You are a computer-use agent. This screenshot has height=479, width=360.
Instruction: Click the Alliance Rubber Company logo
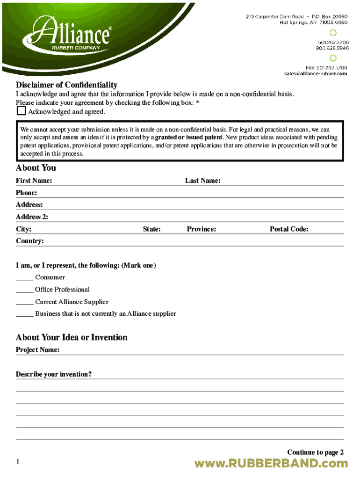70,34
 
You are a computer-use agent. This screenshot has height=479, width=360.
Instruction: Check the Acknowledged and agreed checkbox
21,111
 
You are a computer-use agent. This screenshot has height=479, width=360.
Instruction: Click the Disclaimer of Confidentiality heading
66,85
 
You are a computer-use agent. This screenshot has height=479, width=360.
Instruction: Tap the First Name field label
34,181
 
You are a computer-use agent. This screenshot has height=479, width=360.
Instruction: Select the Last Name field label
202,181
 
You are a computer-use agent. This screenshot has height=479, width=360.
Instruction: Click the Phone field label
26,193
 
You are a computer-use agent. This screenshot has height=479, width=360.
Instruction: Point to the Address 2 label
32,217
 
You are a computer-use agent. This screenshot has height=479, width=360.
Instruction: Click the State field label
151,229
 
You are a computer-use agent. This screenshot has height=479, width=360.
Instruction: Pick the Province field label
201,229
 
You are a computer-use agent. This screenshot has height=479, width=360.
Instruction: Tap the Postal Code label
288,229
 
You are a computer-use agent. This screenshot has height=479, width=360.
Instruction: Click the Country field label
29,241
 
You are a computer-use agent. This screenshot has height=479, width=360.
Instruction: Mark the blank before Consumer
24,277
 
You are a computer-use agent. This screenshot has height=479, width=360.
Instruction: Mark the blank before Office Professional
24,290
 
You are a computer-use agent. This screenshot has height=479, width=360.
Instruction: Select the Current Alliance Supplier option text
72,302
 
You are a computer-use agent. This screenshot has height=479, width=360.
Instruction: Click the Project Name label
37,349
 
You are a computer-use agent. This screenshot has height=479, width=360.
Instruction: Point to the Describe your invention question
53,374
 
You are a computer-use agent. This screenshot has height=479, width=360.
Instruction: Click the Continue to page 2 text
315,452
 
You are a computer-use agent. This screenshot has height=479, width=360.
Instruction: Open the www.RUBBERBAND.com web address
271,464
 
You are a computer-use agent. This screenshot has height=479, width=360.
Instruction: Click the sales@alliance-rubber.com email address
315,73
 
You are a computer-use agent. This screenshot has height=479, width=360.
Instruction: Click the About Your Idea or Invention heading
72,337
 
